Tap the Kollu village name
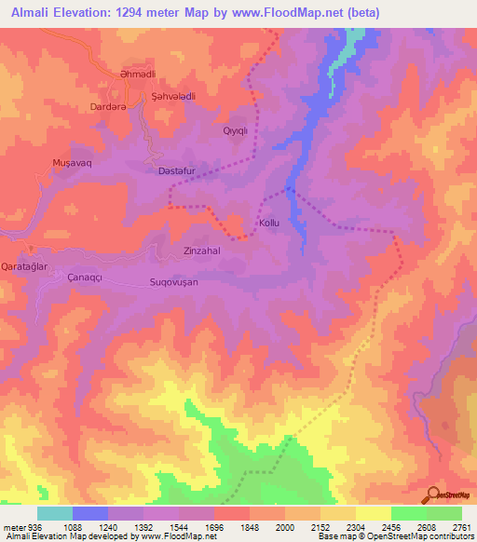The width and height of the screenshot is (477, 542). (269, 224)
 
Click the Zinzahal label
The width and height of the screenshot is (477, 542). (202, 251)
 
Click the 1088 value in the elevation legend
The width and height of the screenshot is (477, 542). (81, 526)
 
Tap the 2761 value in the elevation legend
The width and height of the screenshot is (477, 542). (461, 526)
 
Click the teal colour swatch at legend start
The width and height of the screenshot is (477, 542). (55, 513)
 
